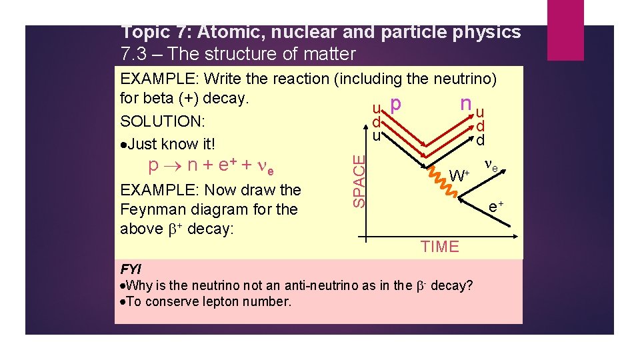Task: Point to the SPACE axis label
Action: click(359, 181)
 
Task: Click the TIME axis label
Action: click(440, 247)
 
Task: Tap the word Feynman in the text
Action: click(153, 209)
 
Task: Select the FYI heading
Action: click(131, 269)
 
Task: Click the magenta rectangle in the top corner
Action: click(565, 30)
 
